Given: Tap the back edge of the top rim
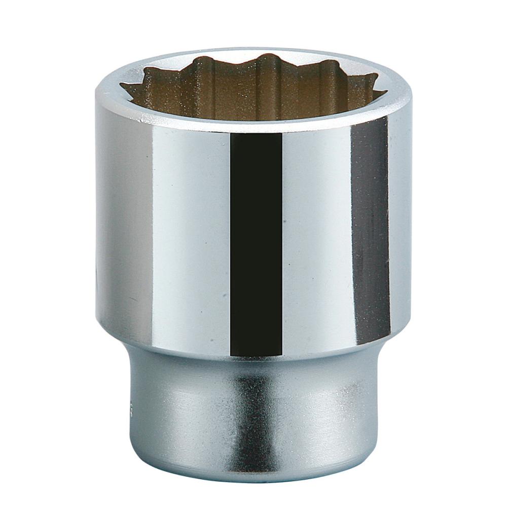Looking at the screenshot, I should [x=253, y=50].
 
